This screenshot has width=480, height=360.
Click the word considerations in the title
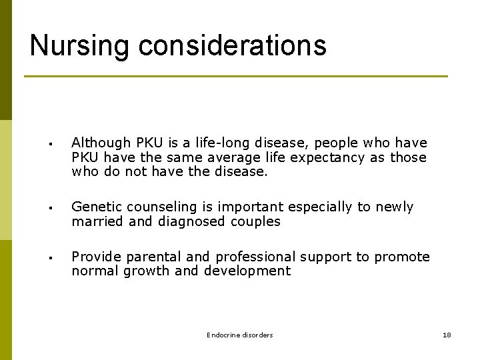(x=233, y=45)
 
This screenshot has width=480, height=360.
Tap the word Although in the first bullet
(x=101, y=143)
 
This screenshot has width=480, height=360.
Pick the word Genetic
(x=95, y=207)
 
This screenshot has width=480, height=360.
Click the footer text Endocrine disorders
(x=239, y=335)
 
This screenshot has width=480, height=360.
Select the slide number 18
(x=447, y=335)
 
